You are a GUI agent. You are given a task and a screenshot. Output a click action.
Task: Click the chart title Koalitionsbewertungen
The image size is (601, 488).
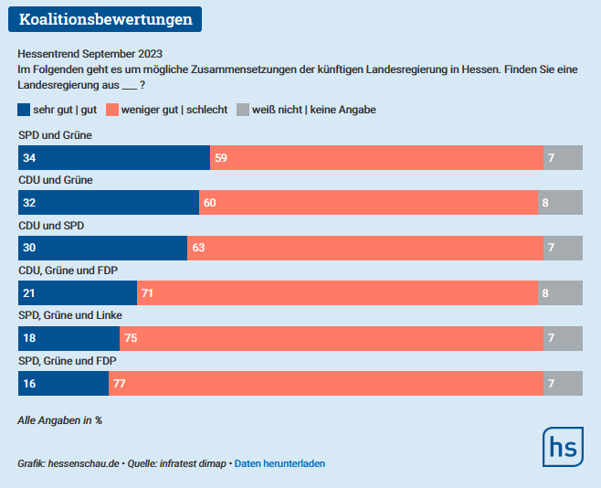105,19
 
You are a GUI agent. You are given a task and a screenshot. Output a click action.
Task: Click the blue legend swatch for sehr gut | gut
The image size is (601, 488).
23,110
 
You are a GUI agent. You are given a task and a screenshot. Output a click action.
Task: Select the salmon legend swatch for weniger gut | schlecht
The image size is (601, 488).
112,110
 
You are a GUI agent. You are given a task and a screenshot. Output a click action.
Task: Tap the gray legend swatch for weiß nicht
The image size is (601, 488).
243,110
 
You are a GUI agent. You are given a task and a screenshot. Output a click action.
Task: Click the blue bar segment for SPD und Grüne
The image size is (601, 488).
114,158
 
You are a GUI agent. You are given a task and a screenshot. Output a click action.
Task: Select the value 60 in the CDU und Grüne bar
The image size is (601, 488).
209,203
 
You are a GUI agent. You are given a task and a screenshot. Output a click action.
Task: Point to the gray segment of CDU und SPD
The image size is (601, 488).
563,248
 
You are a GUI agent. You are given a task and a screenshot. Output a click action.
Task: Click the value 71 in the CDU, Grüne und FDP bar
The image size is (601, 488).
147,293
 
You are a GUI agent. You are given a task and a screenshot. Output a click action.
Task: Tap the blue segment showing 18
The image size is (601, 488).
69,338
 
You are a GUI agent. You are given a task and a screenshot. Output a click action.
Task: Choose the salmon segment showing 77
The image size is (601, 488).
326,384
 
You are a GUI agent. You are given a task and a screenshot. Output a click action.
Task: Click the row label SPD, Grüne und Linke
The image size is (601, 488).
70,315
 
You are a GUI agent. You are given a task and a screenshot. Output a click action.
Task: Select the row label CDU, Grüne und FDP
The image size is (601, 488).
69,270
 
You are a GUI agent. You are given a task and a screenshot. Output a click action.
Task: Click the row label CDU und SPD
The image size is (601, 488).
51,225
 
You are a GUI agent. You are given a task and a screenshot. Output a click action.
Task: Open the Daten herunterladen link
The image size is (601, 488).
279,463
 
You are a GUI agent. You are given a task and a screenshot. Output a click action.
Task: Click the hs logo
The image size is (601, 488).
564,448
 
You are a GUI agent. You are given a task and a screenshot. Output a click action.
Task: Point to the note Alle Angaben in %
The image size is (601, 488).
59,420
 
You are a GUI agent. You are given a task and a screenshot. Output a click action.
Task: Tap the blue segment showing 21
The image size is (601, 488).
78,293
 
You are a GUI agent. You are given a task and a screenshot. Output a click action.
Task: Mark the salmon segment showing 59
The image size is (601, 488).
376,158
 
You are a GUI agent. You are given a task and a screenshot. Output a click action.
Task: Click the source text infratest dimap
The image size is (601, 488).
194,463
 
